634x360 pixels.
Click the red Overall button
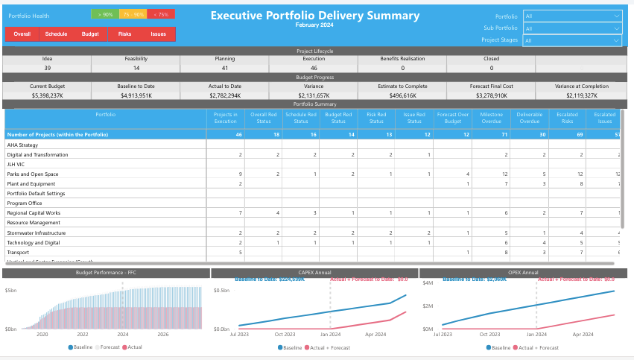coord(22,34)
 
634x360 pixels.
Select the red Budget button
coord(90,34)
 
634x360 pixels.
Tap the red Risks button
coord(124,34)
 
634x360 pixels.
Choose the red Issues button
coord(158,34)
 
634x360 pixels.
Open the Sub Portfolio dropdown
coord(572,28)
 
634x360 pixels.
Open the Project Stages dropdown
coord(572,40)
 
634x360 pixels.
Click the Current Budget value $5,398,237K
coord(48,95)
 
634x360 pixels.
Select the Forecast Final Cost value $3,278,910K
coord(490,95)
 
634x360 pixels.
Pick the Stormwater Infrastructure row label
coord(37,233)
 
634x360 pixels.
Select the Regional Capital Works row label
coord(34,212)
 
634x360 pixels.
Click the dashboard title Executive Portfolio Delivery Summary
coord(314,15)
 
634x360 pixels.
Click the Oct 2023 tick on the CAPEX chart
coord(285,335)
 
